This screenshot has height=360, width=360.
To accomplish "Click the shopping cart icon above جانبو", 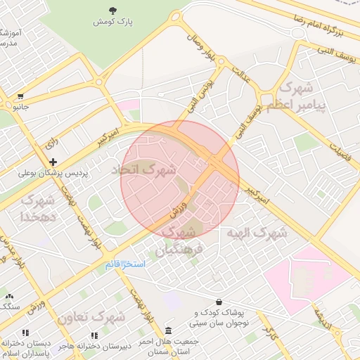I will tap(21, 96).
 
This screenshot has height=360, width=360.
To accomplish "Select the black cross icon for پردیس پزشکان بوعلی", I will tap(53, 162).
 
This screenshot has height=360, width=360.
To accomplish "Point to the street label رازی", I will tap(51, 143).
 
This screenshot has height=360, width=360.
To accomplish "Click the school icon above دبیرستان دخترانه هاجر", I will tap(94, 335).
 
